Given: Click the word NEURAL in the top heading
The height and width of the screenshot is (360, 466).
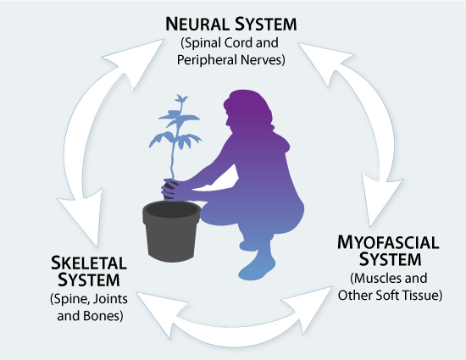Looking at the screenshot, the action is (197, 24).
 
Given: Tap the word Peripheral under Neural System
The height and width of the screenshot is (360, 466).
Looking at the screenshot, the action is (207, 59).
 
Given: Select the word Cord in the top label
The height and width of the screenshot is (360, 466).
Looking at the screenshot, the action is (238, 42).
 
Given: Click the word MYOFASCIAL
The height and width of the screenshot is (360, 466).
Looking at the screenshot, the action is (388, 242).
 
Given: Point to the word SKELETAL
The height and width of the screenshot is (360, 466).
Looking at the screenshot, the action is (89, 263).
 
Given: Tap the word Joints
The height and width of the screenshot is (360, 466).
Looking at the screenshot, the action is (111, 299).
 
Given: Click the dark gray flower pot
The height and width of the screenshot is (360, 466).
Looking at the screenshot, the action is (171, 231).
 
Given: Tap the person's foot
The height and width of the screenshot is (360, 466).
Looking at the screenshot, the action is (257, 268).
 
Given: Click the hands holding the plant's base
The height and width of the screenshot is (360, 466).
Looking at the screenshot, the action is (173, 189).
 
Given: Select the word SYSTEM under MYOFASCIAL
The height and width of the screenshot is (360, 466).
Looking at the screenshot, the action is (391, 259).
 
